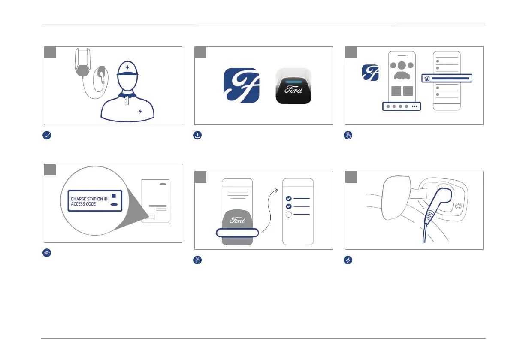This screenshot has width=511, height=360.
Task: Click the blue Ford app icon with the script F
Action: click(242, 85)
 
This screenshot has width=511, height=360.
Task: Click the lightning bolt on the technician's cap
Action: click(127, 67)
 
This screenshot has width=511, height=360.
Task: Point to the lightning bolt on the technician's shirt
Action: click(140, 112)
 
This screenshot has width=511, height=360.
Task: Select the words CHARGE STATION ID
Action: click(89, 199)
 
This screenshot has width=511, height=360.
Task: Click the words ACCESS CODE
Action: click(83, 204)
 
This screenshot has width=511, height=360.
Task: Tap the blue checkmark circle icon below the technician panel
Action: click(47, 135)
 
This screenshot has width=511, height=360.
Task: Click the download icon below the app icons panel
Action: click(197, 135)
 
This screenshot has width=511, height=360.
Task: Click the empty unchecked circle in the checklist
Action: click(289, 215)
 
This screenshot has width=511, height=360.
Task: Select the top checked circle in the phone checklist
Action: click(289, 199)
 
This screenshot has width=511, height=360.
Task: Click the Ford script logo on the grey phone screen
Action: click(237, 220)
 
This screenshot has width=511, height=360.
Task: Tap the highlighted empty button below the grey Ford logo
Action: click(237, 233)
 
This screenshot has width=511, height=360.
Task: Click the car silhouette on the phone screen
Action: click(401, 76)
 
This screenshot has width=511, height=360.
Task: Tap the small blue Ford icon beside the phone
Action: click(370, 73)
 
